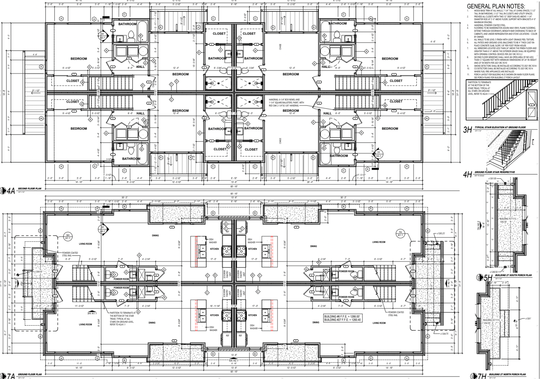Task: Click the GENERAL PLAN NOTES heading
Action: [x=496, y=6]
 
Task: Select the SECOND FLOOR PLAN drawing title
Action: [x=30, y=189]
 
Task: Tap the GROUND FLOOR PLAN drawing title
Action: [x=30, y=374]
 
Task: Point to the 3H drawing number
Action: [x=467, y=130]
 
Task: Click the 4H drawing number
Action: [x=467, y=175]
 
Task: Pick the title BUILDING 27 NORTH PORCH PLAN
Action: [x=507, y=374]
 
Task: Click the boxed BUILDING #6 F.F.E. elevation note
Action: [x=342, y=318]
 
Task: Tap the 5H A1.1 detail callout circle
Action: [x=68, y=236]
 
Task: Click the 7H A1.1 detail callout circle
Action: [x=400, y=233]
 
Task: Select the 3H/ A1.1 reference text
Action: [x=92, y=313]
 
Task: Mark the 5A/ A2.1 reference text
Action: [x=233, y=360]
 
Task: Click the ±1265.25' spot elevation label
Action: [x=441, y=233]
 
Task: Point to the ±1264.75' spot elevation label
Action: [x=444, y=334]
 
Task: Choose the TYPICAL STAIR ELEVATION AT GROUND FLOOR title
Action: [x=500, y=127]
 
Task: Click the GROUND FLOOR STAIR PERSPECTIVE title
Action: [x=494, y=172]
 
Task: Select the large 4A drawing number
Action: [x=11, y=191]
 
